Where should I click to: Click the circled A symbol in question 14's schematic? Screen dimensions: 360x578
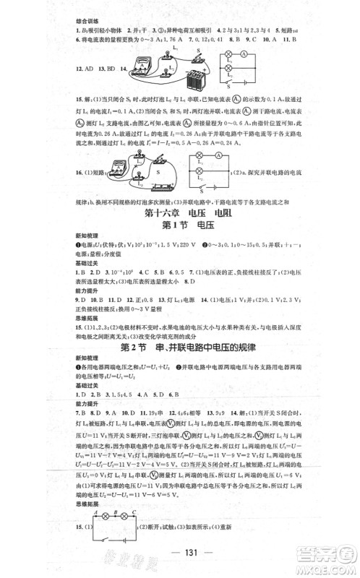coord(268,54)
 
